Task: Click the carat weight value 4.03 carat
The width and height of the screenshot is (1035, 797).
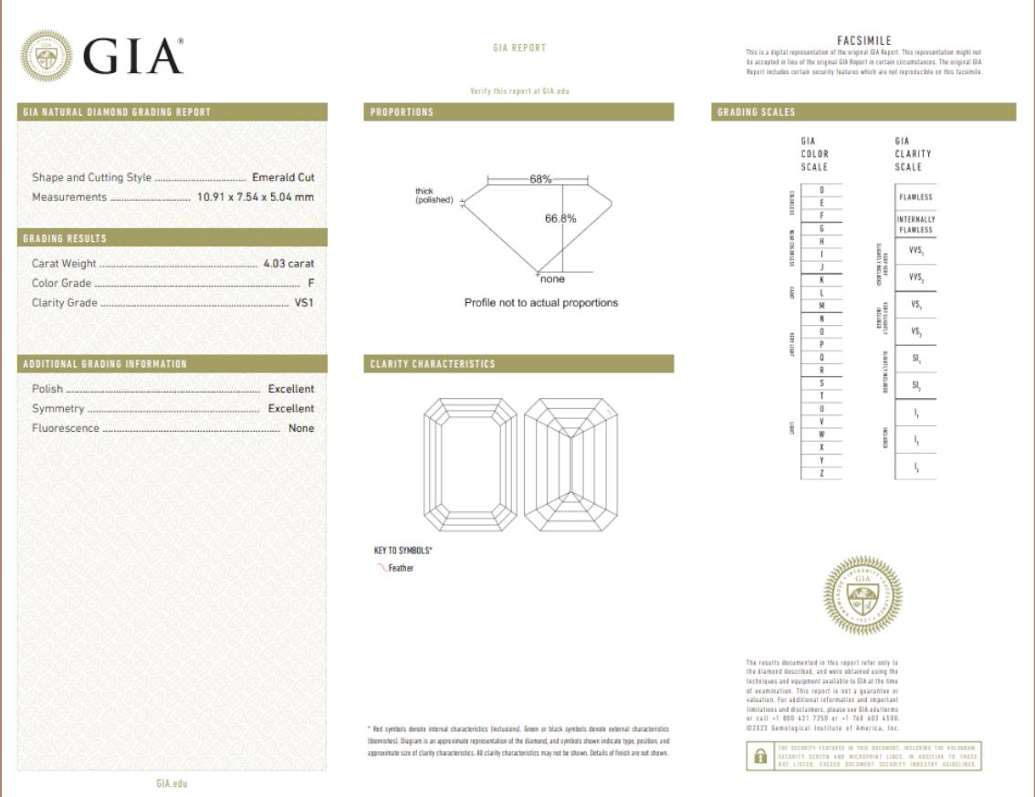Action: click(x=287, y=264)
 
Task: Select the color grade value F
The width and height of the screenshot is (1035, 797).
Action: click(x=310, y=283)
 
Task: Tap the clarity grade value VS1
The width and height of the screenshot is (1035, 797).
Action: click(x=304, y=302)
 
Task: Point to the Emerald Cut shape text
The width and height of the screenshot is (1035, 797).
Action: click(x=283, y=177)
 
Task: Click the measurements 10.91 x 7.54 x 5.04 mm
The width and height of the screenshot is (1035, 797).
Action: click(x=256, y=197)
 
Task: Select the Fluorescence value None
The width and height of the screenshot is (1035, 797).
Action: click(x=301, y=428)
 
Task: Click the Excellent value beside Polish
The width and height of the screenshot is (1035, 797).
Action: click(x=290, y=389)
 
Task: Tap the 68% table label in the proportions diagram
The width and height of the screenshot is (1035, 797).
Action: click(x=540, y=179)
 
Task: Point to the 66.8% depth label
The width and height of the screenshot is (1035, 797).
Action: click(x=560, y=218)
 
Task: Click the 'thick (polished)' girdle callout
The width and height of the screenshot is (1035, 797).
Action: click(x=434, y=195)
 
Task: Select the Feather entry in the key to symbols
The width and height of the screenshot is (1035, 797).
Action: click(x=400, y=568)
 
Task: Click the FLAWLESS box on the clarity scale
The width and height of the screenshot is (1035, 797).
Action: click(x=915, y=197)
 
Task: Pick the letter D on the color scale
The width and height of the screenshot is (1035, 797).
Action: click(x=822, y=189)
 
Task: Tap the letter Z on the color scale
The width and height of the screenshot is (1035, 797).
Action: click(x=822, y=474)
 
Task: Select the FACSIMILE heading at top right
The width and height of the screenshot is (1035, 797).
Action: click(x=862, y=41)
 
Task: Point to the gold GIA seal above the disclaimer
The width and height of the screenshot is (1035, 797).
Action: click(x=862, y=596)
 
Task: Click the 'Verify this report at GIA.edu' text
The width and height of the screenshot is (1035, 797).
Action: click(x=518, y=91)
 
